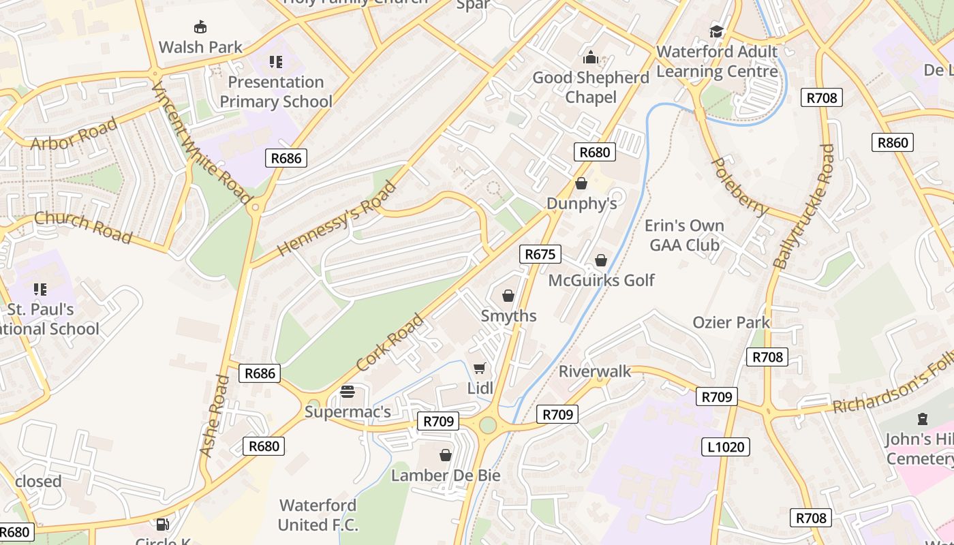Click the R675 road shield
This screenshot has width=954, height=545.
click(540, 255)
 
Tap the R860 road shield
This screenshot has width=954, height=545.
click(893, 142)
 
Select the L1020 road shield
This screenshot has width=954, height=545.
click(726, 447)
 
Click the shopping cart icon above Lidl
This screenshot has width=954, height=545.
click(480, 369)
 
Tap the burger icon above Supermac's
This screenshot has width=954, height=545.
click(348, 392)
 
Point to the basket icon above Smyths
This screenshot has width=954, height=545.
click(508, 296)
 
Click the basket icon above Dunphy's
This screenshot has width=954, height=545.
click(581, 183)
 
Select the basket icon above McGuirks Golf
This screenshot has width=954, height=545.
click(601, 260)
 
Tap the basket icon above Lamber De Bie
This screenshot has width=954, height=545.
click(446, 455)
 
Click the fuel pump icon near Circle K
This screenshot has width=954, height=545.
click(163, 524)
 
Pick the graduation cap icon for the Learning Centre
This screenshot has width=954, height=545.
click(716, 31)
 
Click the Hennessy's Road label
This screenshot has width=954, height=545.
click(337, 219)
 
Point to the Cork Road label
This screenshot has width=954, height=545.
click(389, 343)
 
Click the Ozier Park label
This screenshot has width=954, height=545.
click(731, 322)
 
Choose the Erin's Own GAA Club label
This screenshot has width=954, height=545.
click(684, 235)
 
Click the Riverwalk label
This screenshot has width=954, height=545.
click(595, 371)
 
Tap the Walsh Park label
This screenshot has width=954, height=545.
click(200, 47)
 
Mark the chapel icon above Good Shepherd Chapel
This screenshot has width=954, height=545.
click(591, 58)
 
